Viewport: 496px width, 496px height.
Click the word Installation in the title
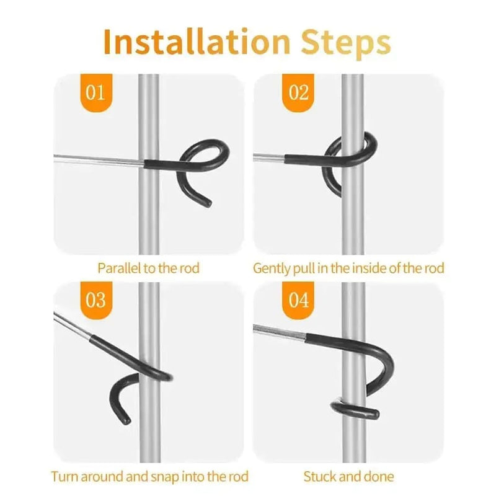195,42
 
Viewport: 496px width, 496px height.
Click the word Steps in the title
347,42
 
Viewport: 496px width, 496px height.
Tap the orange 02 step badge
299,93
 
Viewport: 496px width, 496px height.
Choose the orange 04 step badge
299,301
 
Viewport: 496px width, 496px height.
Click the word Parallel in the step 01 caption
115,268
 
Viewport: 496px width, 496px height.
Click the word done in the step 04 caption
378,477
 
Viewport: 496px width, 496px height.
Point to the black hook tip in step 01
209,202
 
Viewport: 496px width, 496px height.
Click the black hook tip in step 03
126,422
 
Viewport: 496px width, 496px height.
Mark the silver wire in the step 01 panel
99,159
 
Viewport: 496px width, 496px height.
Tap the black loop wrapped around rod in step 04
355,408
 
